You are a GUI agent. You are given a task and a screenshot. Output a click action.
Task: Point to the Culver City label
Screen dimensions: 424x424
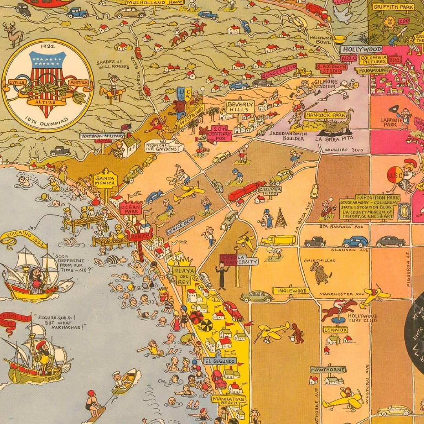pyautogui.click(x=268, y=191)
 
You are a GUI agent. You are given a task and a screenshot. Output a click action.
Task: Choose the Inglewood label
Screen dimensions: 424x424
pyautogui.click(x=291, y=291)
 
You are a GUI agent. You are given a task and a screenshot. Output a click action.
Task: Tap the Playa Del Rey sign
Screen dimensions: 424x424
pyautogui.click(x=183, y=275)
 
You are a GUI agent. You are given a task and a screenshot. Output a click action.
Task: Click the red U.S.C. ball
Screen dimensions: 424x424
pyautogui.click(x=395, y=175)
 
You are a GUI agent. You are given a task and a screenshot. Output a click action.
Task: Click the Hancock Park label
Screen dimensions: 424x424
pyautogui.click(x=326, y=115)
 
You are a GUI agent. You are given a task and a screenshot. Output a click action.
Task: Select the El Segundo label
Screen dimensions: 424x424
pyautogui.click(x=220, y=361)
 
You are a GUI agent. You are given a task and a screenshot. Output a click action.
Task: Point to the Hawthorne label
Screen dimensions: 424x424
pyautogui.click(x=328, y=370)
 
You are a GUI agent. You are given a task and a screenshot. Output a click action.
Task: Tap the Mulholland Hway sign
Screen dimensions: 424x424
pyautogui.click(x=155, y=2)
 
